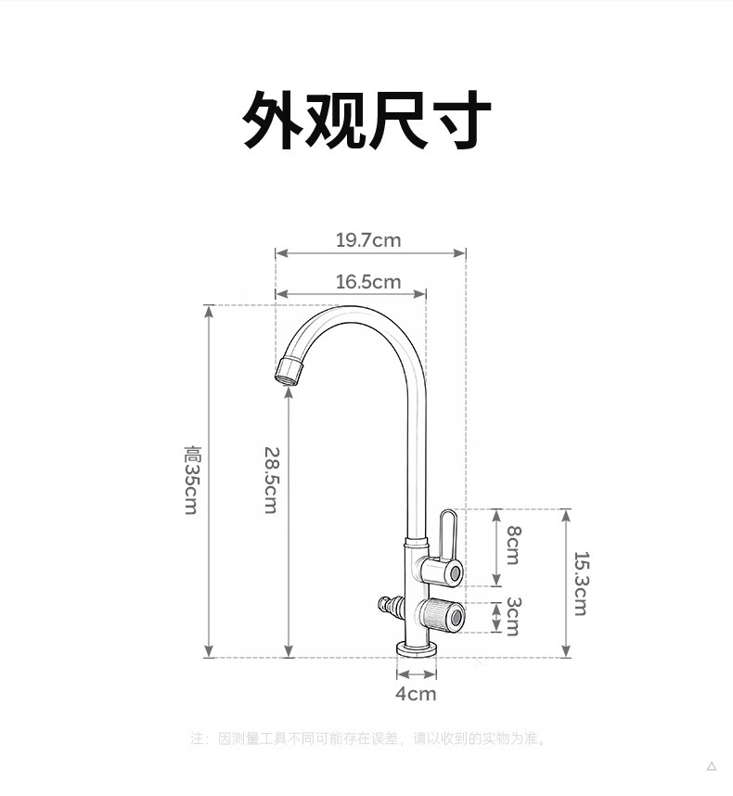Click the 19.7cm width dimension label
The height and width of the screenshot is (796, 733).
368,240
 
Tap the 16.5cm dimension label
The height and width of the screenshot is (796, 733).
368,281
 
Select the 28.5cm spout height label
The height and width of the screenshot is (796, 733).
271,480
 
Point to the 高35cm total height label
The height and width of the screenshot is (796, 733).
192,480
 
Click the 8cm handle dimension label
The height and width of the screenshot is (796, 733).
512,546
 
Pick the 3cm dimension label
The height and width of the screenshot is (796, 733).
512,616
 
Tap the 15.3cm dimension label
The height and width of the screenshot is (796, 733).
581,583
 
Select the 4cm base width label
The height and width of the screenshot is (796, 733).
416,694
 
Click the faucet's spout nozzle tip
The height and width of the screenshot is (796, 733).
289,372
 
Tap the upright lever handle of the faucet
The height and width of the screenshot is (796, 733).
447,533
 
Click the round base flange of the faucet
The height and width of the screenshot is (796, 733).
417,648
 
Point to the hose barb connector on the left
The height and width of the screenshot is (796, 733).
391,609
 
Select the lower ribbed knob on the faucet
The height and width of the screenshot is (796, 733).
440,614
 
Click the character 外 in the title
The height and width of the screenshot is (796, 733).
274,121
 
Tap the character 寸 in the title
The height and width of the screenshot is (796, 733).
460,121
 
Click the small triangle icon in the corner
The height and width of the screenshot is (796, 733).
712,766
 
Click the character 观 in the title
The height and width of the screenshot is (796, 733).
336,121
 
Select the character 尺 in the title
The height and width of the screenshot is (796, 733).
398,121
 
